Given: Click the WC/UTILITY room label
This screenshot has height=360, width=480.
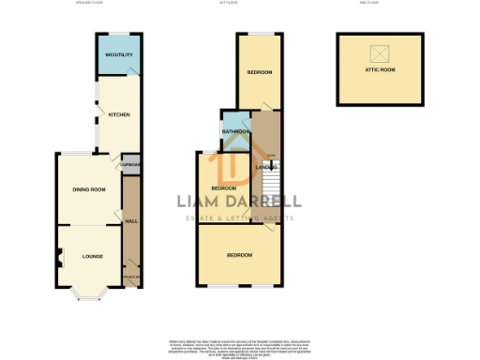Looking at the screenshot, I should coord(119,55).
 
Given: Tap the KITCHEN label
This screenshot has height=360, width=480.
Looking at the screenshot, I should coord(119,114).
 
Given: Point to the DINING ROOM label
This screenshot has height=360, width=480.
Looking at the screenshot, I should coord(89,189).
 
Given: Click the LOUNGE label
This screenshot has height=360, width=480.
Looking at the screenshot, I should coord(92,256).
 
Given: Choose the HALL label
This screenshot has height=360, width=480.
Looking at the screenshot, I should coord(131,221).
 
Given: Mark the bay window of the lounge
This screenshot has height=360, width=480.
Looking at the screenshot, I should coord(91,297).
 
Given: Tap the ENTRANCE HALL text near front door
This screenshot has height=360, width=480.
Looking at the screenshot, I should coord(131,277).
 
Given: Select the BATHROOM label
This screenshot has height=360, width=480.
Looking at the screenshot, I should coord(235,132).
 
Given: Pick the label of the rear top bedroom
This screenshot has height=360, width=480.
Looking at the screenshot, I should coord(260,72).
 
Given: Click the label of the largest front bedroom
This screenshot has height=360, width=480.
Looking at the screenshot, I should coord(240,254).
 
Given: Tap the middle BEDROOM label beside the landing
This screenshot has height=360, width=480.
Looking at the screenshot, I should coord(223,188).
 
